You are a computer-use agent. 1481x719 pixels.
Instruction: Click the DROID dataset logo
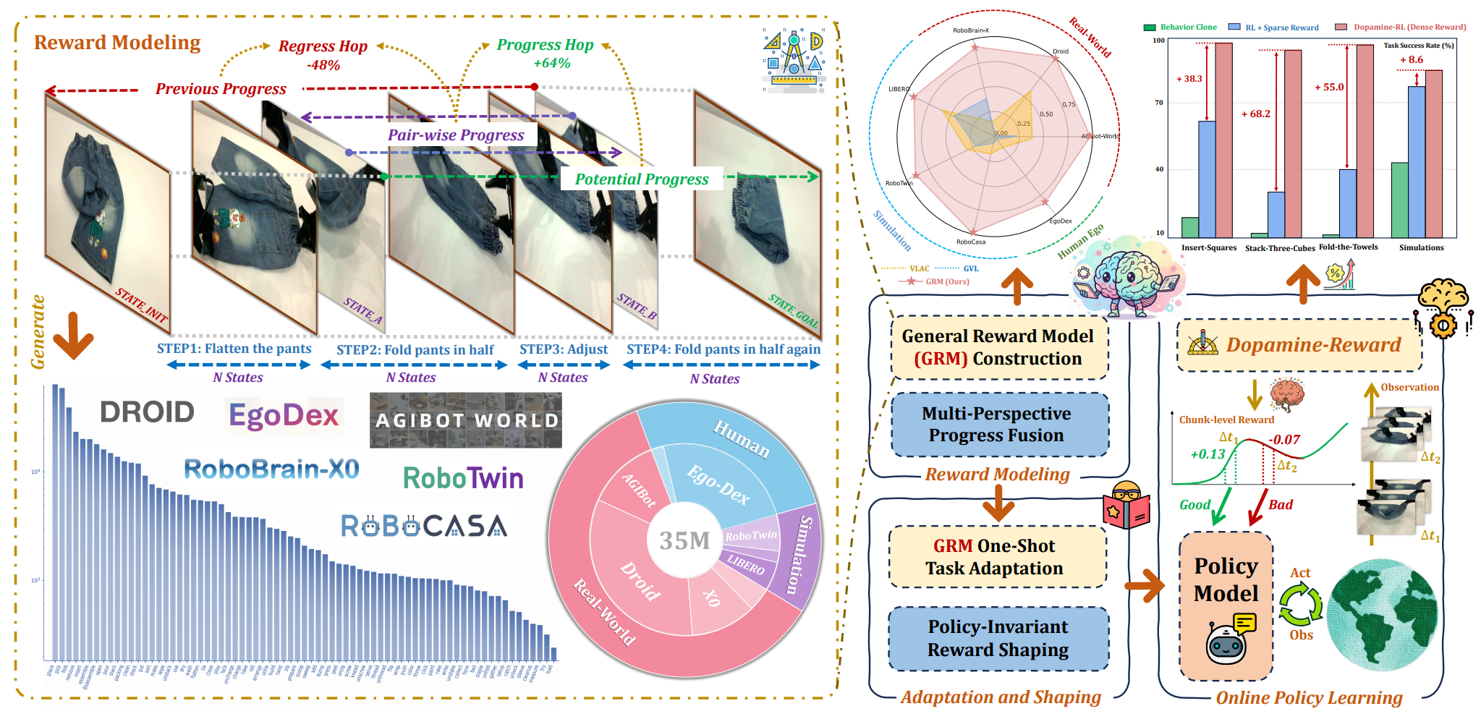click(147, 412)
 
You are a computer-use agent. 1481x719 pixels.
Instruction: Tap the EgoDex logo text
click(284, 415)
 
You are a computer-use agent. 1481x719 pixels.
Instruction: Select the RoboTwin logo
click(463, 478)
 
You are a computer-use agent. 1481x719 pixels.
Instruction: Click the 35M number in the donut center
click(684, 540)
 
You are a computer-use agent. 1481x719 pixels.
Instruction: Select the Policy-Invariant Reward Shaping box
click(998, 638)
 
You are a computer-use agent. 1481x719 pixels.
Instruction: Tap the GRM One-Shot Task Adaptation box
click(997, 557)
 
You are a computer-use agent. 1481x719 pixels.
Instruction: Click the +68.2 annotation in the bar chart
click(1255, 114)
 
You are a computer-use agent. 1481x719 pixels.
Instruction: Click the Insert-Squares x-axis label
click(1209, 247)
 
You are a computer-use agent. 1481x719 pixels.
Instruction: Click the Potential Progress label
click(642, 179)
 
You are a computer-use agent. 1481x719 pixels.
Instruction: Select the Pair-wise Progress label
click(456, 135)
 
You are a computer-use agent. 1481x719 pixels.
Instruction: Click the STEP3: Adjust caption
click(564, 349)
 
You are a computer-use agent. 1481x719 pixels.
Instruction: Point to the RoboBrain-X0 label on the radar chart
click(971, 30)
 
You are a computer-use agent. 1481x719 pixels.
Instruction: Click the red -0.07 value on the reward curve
click(1284, 439)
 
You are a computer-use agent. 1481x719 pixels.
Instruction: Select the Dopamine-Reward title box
click(1299, 345)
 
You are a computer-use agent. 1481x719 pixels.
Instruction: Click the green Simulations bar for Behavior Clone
click(1399, 200)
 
